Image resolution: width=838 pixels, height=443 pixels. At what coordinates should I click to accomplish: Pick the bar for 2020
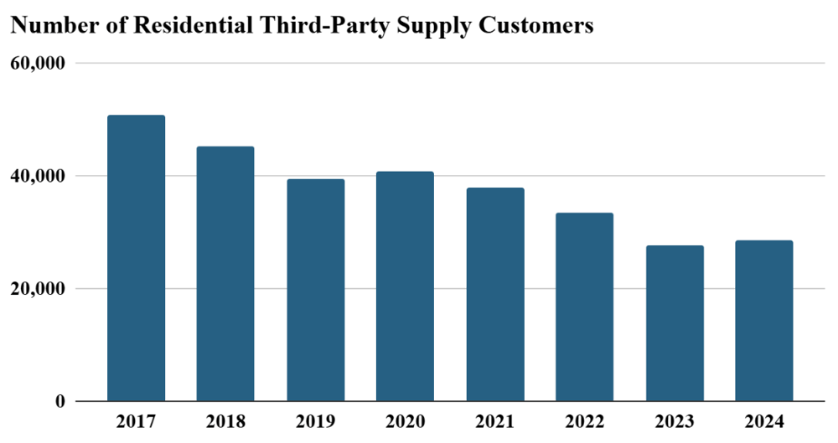point(405,286)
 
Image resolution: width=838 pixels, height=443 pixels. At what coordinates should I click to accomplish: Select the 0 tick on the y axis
point(59,402)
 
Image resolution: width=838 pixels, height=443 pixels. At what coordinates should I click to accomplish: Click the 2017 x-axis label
point(136,420)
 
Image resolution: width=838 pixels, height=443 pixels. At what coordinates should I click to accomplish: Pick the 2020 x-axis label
point(405,420)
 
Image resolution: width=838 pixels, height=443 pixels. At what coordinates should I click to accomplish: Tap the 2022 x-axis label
point(584,420)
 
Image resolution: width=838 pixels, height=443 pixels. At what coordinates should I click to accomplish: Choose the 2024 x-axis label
point(763,420)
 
